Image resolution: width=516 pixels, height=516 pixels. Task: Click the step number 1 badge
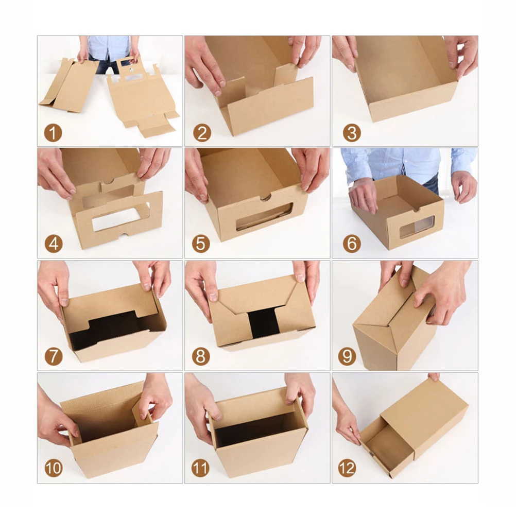(x=53, y=133)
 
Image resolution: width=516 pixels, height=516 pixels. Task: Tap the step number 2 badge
(x=202, y=133)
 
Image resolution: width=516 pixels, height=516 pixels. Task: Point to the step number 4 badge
(x=53, y=244)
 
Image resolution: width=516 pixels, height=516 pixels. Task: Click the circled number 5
(x=201, y=244)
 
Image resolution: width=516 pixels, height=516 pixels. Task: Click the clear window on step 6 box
(x=417, y=227)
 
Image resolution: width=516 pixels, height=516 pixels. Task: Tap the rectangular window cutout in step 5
(x=264, y=217)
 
